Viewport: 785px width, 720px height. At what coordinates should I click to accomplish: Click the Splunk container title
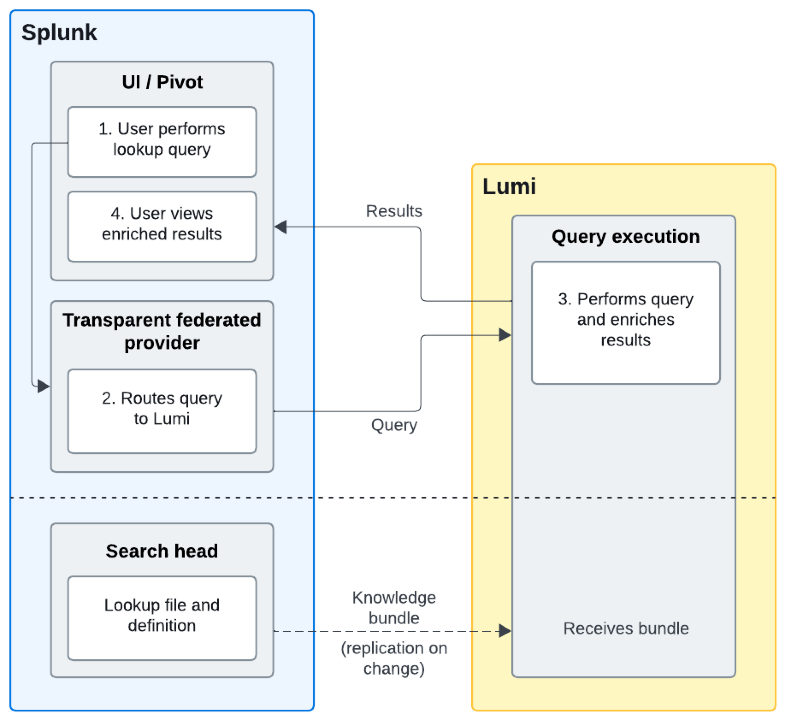point(59,32)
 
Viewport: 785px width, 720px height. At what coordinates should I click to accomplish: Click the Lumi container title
point(509,186)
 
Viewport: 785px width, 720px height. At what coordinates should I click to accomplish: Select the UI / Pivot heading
point(162,82)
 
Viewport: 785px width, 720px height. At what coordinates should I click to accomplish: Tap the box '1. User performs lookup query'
point(162,142)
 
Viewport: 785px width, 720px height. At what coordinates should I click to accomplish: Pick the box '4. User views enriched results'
point(162,226)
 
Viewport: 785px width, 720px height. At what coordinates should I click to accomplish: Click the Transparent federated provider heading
point(162,331)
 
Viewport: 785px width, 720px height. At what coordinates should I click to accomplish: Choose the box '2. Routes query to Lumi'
point(162,410)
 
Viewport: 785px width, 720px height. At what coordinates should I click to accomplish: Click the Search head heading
point(162,551)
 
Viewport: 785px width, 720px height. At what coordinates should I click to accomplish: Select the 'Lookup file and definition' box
point(162,617)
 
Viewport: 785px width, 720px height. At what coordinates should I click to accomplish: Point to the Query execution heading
point(625,236)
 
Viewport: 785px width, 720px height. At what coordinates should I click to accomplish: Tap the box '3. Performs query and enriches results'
point(625,322)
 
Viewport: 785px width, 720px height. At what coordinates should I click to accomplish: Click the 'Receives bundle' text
point(626,628)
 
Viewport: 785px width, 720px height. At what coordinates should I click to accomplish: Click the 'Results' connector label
point(394,211)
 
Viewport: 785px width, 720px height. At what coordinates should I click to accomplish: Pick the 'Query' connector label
point(394,425)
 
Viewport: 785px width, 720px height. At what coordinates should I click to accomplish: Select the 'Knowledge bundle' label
point(394,608)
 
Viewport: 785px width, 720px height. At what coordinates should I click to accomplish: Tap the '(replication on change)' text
point(394,658)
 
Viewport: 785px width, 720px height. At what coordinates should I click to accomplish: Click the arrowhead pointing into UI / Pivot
point(281,227)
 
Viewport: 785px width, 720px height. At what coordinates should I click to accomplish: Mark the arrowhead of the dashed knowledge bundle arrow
point(505,631)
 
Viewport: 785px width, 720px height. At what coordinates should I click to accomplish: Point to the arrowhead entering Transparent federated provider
point(43,386)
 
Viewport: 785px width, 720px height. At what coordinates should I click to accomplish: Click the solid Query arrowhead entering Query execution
point(505,335)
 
